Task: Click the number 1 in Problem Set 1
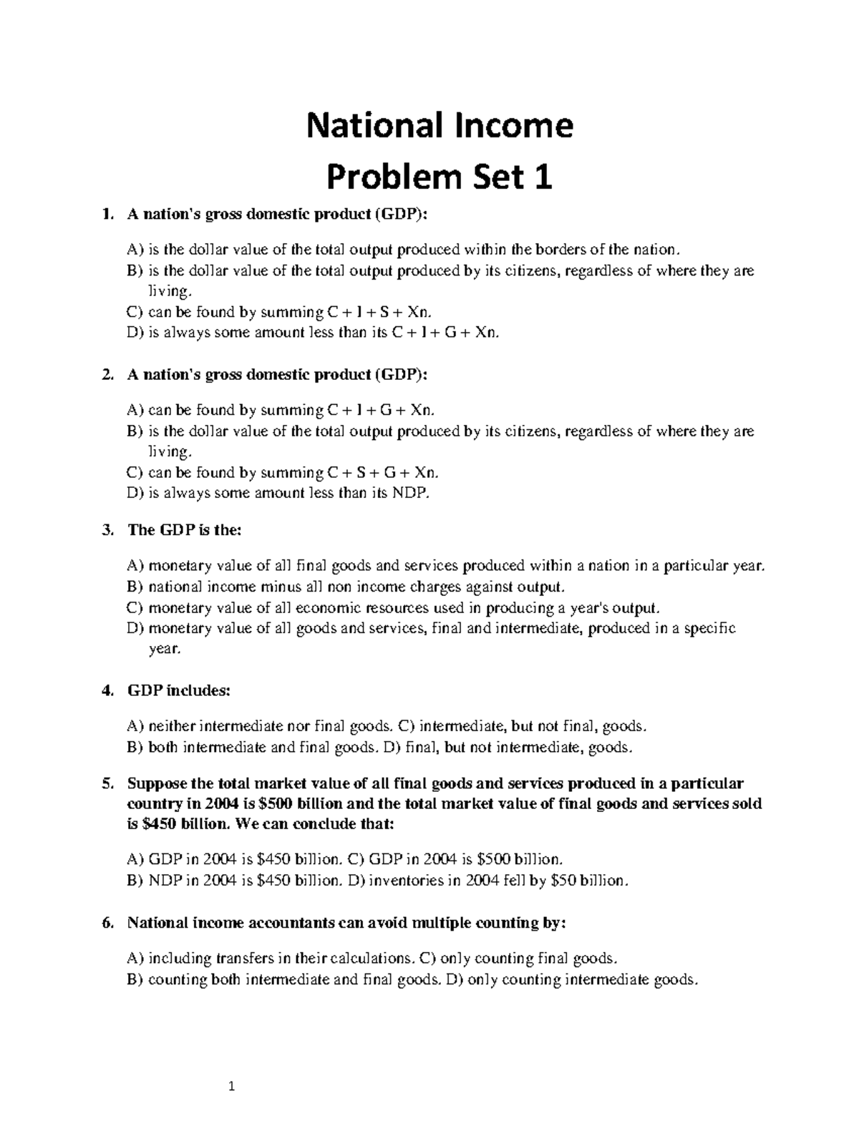[544, 177]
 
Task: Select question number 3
[107, 530]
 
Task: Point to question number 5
[107, 783]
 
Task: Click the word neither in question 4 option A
[171, 727]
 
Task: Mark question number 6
[107, 923]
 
